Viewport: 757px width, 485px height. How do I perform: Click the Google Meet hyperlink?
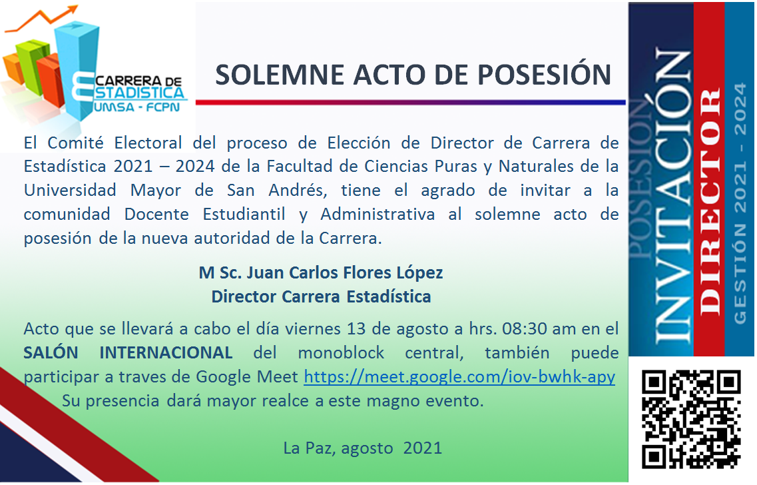pyautogui.click(x=459, y=377)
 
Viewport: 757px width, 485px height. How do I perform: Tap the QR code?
pyautogui.click(x=691, y=419)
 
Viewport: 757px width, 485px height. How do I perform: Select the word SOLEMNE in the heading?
pyautogui.click(x=280, y=75)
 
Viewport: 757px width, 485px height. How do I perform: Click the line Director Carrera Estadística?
pyautogui.click(x=321, y=296)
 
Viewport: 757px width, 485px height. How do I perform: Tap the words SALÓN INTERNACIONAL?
pyautogui.click(x=128, y=352)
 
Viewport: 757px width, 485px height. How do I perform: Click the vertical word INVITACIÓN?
pyautogui.click(x=673, y=196)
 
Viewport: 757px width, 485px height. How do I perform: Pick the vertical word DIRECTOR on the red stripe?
pyautogui.click(x=710, y=201)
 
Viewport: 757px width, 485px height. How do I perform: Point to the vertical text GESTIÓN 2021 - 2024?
pyautogui.click(x=740, y=203)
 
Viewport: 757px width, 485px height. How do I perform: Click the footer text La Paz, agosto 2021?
pyautogui.click(x=363, y=448)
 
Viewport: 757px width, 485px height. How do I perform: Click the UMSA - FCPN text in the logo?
pyautogui.click(x=137, y=107)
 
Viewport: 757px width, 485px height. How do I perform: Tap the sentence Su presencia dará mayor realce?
pyautogui.click(x=273, y=401)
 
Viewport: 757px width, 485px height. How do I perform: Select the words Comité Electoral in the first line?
pyautogui.click(x=115, y=143)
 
